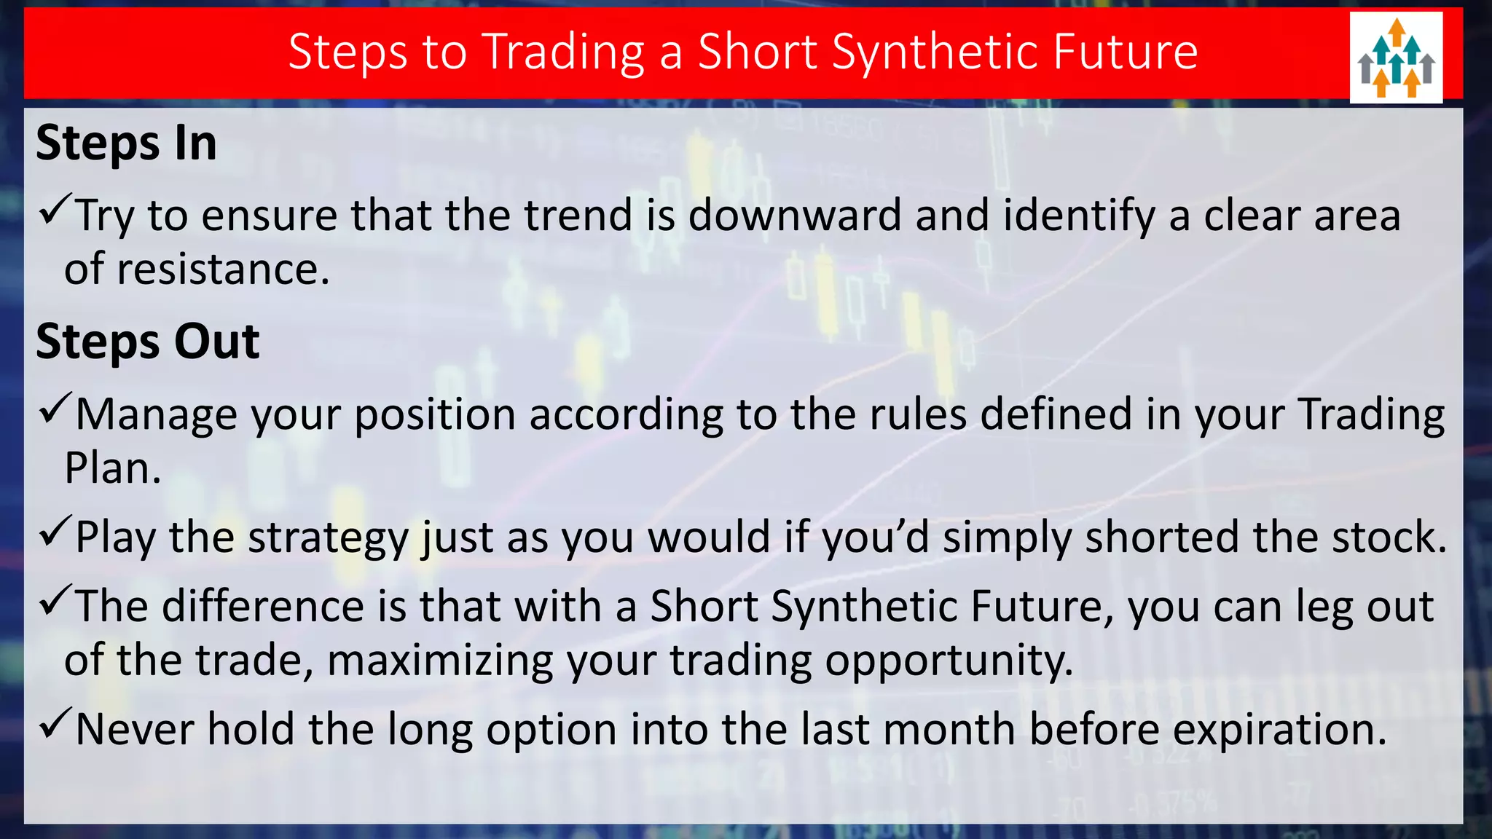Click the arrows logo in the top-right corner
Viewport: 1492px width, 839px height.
click(x=1396, y=58)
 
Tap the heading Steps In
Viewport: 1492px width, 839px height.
click(x=126, y=143)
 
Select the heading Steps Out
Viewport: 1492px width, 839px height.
click(x=147, y=342)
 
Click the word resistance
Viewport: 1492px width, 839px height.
click(x=223, y=269)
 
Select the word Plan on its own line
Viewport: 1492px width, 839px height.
click(x=111, y=468)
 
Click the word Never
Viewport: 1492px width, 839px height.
click(x=135, y=730)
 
